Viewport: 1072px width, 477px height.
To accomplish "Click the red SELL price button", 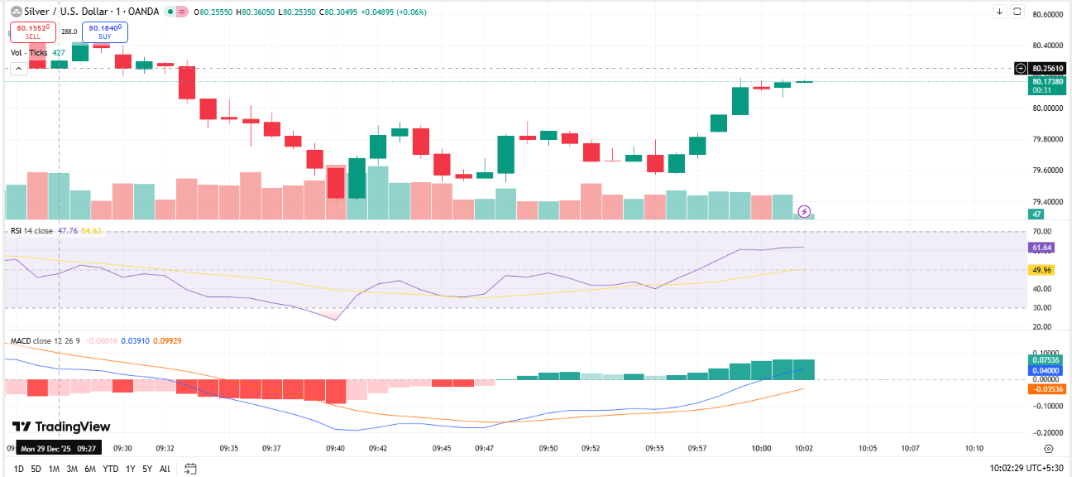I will [x=32, y=32].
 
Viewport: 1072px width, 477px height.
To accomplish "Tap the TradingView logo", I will [x=61, y=426].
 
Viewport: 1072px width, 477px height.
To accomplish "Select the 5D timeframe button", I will [x=36, y=469].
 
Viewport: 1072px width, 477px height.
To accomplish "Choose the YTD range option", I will [x=110, y=469].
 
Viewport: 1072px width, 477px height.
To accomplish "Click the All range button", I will [x=165, y=469].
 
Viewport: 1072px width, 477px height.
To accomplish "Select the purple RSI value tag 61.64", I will [x=1041, y=248].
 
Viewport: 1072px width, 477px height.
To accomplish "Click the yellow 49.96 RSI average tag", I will [x=1041, y=270].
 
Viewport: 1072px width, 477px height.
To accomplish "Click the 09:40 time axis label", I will [x=335, y=448].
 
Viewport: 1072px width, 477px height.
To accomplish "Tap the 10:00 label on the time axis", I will [x=761, y=448].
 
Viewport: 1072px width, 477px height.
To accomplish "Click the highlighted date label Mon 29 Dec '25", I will [x=58, y=448].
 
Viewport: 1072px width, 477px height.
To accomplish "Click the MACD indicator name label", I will [x=21, y=341].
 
